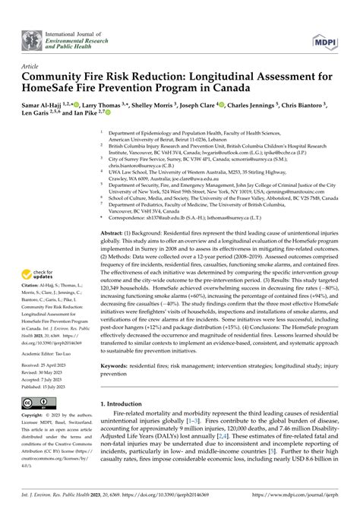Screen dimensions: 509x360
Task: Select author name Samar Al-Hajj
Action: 48,104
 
